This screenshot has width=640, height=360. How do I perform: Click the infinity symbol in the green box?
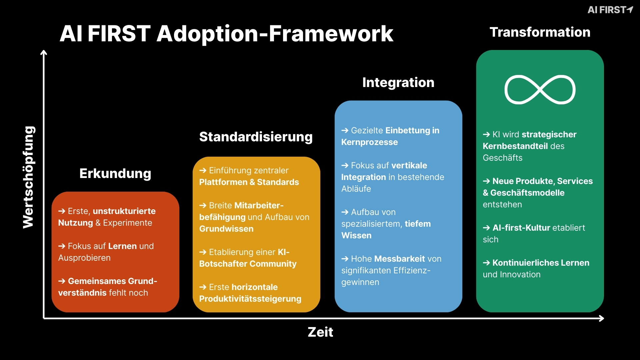tap(540, 90)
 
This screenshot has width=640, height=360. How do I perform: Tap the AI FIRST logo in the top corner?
tap(610, 10)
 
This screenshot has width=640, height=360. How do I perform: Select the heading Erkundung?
tap(115, 173)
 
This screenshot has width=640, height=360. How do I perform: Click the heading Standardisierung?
tap(256, 137)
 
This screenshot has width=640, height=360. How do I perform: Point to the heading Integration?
tap(398, 82)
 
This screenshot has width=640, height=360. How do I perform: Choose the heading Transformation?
tap(540, 32)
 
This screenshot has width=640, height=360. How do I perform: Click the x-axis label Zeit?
tap(320, 332)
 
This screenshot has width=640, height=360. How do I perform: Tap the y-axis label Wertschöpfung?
tap(29, 177)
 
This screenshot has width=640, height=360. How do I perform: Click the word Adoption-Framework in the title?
tap(275, 34)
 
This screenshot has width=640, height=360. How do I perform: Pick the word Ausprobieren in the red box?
tap(84, 258)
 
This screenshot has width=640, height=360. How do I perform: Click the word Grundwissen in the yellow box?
tap(226, 229)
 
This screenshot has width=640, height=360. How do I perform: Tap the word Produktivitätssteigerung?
tap(250, 299)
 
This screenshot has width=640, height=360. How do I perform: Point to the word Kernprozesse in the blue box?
tap(369, 142)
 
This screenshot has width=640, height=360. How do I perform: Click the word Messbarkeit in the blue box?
tap(399, 259)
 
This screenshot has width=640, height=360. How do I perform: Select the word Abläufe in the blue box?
tap(356, 189)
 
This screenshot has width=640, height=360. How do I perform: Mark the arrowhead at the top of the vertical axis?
tap(44, 52)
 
